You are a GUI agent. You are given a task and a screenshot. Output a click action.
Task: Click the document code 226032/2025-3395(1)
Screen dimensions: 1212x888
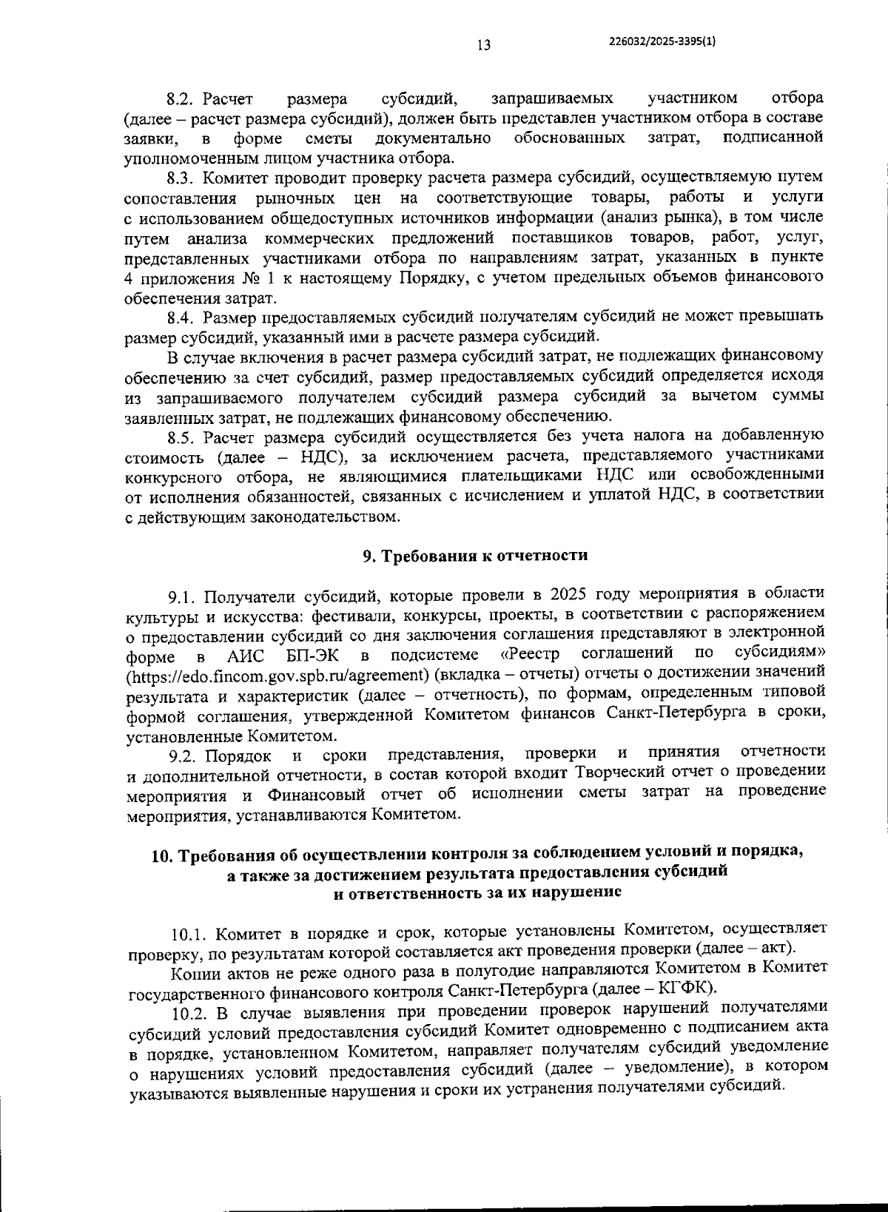point(661,42)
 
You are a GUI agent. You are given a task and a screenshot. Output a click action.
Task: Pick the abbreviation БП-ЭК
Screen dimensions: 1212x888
point(311,656)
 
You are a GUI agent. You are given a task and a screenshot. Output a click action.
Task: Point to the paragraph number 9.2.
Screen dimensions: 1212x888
point(182,755)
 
